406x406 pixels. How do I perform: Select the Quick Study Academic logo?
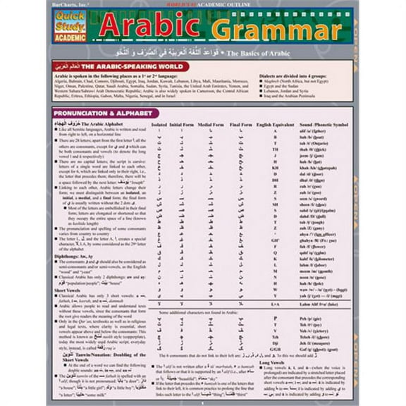pyautogui.click(x=70, y=26)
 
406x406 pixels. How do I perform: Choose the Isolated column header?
pyautogui.click(x=159, y=124)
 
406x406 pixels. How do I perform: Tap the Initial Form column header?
pyautogui.click(x=188, y=124)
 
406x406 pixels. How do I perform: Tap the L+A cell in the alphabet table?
pyautogui.click(x=275, y=304)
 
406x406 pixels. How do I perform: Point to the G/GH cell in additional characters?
pyautogui.click(x=275, y=348)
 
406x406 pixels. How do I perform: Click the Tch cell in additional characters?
pyautogui.click(x=275, y=336)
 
